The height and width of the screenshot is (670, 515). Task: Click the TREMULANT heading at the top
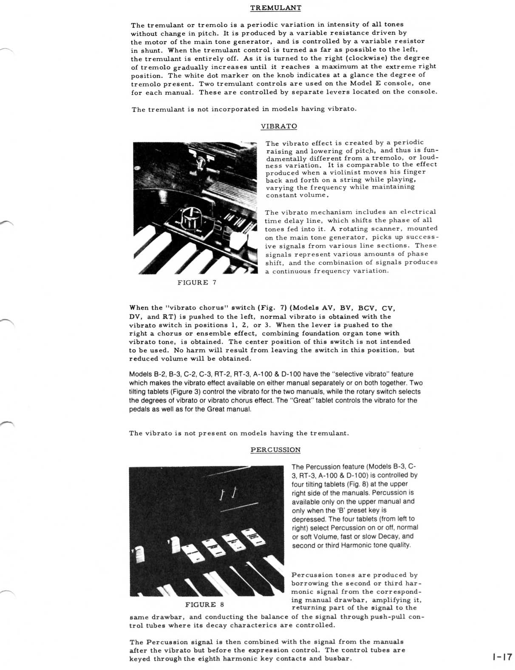[276, 8]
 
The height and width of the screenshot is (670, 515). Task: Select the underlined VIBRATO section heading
[279, 126]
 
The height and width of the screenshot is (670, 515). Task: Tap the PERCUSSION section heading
[275, 450]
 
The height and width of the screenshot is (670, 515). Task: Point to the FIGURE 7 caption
[197, 282]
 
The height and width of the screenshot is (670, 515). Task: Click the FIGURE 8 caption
[204, 605]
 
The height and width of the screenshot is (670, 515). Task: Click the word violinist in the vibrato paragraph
[344, 172]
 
